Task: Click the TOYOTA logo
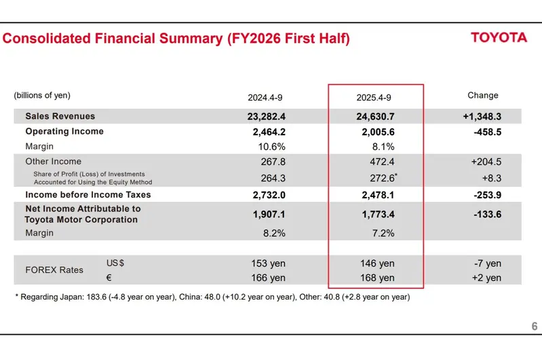point(499,37)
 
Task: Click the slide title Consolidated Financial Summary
point(176,39)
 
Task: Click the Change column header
point(483,96)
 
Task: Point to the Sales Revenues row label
point(60,116)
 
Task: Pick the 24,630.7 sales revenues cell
point(375,117)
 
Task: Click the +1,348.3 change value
point(482,117)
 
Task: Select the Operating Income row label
point(64,131)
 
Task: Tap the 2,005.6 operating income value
point(378,132)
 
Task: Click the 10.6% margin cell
point(270,146)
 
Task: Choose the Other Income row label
point(53,162)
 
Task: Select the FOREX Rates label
point(54,270)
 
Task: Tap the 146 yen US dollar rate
point(378,264)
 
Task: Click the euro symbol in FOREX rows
point(109,278)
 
